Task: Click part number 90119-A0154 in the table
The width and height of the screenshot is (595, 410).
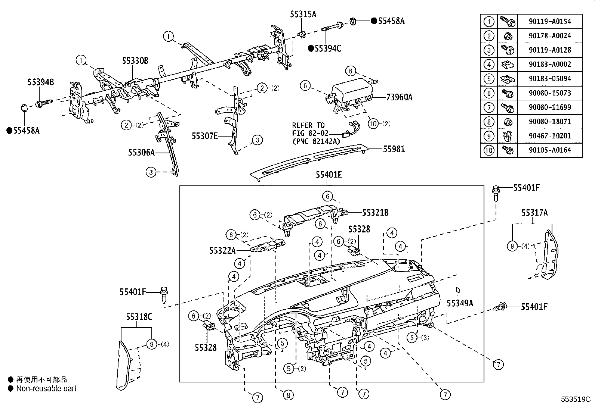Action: pyautogui.click(x=550, y=21)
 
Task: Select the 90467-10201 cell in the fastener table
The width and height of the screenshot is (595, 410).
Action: pyautogui.click(x=550, y=136)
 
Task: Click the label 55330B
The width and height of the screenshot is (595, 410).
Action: pyautogui.click(x=135, y=61)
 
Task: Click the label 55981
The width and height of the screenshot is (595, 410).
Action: pyautogui.click(x=394, y=149)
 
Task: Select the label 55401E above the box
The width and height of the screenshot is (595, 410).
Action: pyautogui.click(x=329, y=174)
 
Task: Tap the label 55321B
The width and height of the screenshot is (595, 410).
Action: pyautogui.click(x=375, y=212)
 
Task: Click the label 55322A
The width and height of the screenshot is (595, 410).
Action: pyautogui.click(x=222, y=250)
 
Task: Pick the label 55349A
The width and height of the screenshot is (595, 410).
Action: pyautogui.click(x=460, y=303)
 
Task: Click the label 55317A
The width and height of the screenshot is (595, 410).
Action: pyautogui.click(x=534, y=213)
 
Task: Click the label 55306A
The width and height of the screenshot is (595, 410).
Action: pyautogui.click(x=141, y=152)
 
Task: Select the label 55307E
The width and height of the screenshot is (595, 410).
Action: pyautogui.click(x=205, y=136)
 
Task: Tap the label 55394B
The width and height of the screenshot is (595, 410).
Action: pyautogui.click(x=40, y=82)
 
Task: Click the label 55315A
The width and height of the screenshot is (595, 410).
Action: pyautogui.click(x=303, y=14)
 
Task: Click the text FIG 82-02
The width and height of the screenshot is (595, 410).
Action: pyautogui.click(x=308, y=133)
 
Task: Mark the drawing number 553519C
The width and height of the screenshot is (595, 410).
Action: pyautogui.click(x=575, y=399)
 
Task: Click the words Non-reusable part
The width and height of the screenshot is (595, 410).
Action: pyautogui.click(x=46, y=388)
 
